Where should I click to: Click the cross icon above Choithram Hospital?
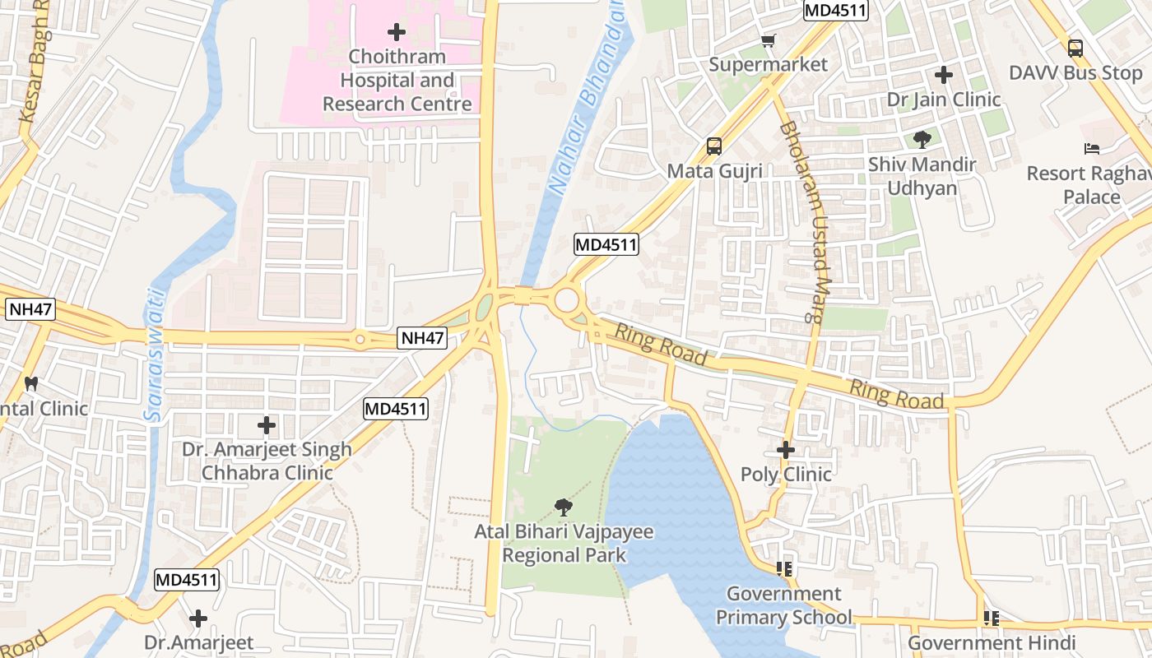pyautogui.click(x=397, y=32)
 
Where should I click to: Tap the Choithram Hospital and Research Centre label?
pyautogui.click(x=397, y=81)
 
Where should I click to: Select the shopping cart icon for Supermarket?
pyautogui.click(x=769, y=40)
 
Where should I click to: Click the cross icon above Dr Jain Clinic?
pyautogui.click(x=944, y=75)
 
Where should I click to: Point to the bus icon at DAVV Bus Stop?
pyautogui.click(x=1075, y=49)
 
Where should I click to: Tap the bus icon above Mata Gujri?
pyautogui.click(x=713, y=146)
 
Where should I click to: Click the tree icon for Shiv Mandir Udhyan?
pyautogui.click(x=922, y=140)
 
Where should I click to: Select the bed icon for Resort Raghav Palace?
pyautogui.click(x=1092, y=149)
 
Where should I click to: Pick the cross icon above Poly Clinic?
pyautogui.click(x=786, y=450)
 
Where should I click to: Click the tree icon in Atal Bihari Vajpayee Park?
pyautogui.click(x=564, y=507)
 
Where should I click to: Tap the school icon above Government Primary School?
pyautogui.click(x=783, y=568)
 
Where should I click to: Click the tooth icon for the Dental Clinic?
pyautogui.click(x=31, y=383)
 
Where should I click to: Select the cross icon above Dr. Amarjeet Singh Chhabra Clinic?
pyautogui.click(x=266, y=425)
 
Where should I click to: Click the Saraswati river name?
pyautogui.click(x=153, y=355)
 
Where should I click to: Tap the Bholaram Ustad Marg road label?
pyautogui.click(x=809, y=222)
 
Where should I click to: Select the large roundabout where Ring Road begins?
pyautogui.click(x=566, y=300)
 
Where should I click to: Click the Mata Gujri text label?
pyautogui.click(x=714, y=171)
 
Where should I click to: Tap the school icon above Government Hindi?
pyautogui.click(x=992, y=618)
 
